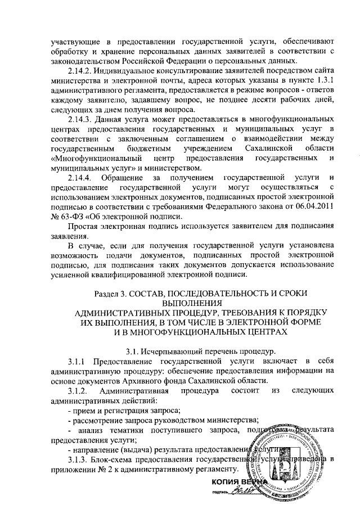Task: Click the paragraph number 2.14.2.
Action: coord(83,72)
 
